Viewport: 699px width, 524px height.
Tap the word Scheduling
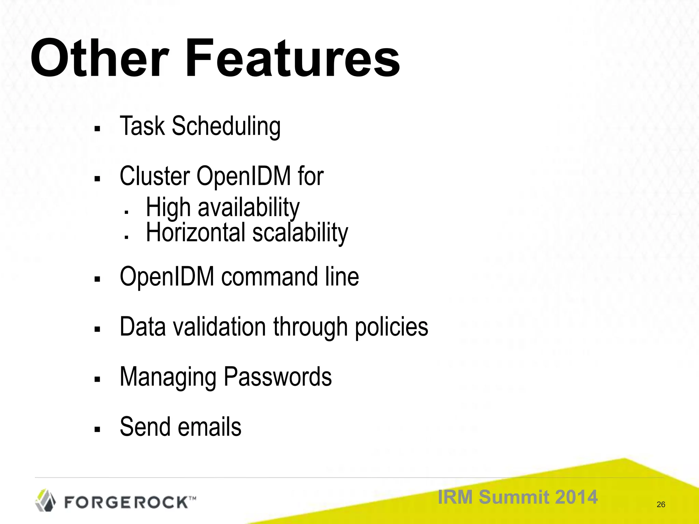click(x=226, y=126)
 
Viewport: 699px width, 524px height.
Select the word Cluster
click(x=155, y=176)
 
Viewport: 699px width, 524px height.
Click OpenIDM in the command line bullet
click(x=167, y=276)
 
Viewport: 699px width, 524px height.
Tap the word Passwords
click(x=277, y=377)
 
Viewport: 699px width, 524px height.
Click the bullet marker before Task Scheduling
click(x=97, y=129)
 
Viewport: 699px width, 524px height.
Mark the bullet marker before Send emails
click(x=97, y=430)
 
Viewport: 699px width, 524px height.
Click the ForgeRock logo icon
click(x=46, y=500)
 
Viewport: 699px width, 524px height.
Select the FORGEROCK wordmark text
click(x=126, y=502)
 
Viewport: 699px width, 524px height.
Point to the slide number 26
click(x=661, y=505)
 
